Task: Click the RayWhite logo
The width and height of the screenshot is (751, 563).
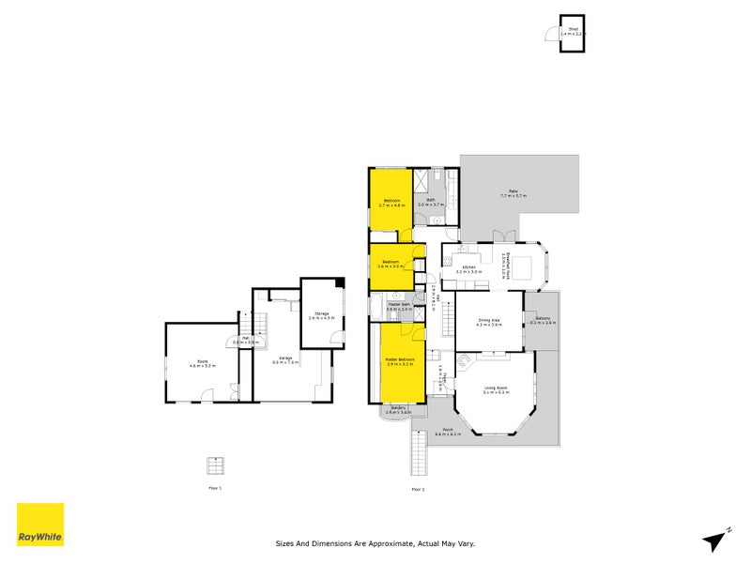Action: tap(40, 525)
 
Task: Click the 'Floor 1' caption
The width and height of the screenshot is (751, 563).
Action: tap(215, 489)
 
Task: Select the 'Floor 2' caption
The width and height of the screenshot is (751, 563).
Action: tap(418, 489)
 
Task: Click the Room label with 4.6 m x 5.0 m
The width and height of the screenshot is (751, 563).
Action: tap(203, 364)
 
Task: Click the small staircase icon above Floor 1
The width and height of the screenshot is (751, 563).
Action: tap(216, 465)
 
